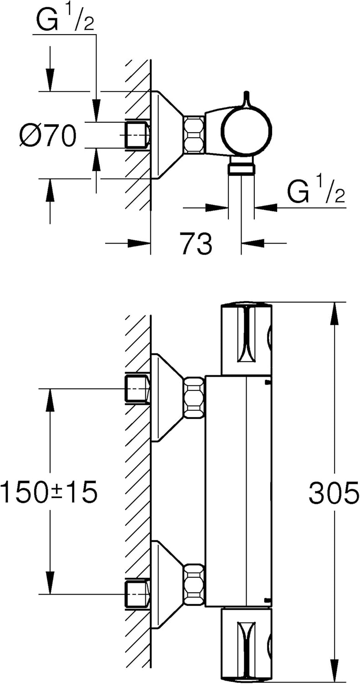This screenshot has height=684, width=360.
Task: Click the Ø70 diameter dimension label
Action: click(47, 135)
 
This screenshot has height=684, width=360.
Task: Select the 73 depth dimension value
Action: click(196, 244)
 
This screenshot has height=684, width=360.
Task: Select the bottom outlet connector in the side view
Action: click(242, 168)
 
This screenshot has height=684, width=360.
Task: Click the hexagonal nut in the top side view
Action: click(194, 134)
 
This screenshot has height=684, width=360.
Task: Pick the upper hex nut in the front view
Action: click(194, 397)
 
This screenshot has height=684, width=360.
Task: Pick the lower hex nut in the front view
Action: click(194, 585)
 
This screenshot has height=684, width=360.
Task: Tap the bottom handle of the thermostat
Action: click(246, 643)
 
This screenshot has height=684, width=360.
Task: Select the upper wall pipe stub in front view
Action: click(137, 389)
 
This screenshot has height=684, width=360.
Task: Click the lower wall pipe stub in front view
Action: click(137, 594)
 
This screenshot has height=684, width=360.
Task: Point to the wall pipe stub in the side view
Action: click(137, 135)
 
